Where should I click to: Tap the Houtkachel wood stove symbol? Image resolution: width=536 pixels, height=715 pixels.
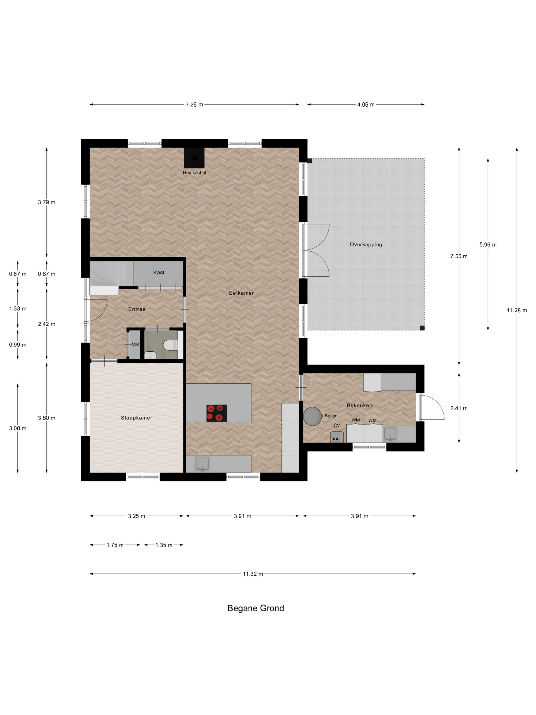click(194, 158)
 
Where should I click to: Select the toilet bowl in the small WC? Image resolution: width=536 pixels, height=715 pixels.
click(170, 345)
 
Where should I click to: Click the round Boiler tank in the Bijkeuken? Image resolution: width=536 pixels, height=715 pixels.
click(312, 416)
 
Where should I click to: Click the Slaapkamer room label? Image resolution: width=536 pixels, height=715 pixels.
click(136, 418)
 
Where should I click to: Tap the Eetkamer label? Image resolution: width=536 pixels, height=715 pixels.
click(241, 293)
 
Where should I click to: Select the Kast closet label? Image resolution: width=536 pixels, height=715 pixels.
click(159, 272)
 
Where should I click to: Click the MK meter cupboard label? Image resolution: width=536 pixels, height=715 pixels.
click(135, 344)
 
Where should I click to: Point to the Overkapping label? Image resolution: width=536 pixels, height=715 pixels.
click(366, 244)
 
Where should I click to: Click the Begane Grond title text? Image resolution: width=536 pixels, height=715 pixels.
click(255, 608)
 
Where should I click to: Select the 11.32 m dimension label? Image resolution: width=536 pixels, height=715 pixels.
click(253, 574)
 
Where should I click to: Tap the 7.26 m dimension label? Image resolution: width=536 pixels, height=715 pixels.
click(194, 104)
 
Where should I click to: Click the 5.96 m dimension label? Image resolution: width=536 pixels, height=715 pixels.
click(488, 245)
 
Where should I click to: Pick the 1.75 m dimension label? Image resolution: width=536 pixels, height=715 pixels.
click(115, 545)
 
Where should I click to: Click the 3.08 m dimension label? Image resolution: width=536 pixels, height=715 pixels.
click(18, 428)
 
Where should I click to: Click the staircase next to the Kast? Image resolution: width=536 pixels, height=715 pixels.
click(111, 275)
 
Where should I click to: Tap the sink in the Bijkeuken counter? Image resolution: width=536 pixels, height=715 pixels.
click(390, 433)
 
